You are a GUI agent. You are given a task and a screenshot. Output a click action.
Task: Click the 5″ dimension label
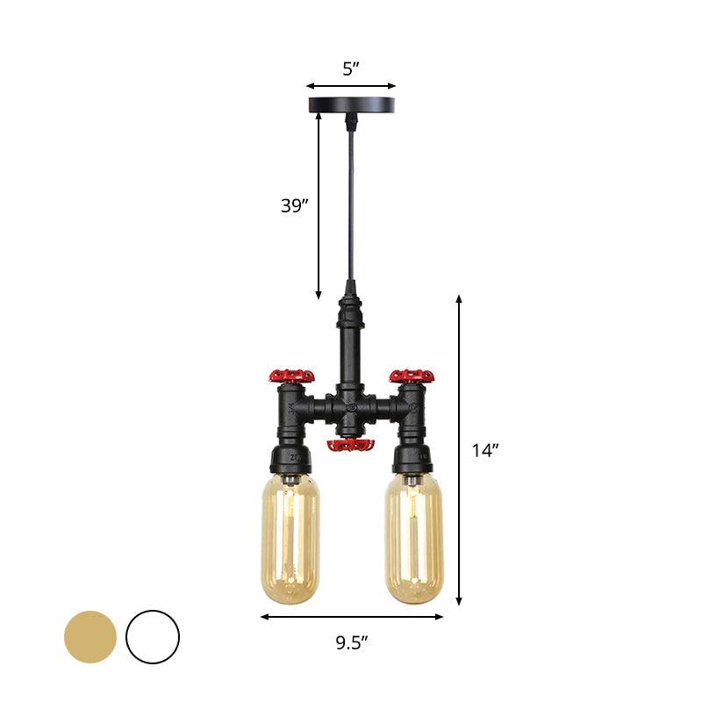pos(350,69)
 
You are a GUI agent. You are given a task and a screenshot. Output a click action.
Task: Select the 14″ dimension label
pos(484,451)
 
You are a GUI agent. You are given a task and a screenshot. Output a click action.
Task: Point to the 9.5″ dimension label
pos(351,642)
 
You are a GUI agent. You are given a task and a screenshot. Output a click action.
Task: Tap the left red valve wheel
pos(291,376)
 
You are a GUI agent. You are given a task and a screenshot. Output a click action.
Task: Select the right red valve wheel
pos(412,376)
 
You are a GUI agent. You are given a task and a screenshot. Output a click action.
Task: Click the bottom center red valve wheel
pos(350,446)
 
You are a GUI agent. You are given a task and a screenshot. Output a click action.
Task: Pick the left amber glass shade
pos(290,539)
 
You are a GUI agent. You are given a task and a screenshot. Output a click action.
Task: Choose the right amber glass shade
pos(412,539)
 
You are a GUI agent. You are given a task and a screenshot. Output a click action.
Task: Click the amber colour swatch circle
pos(90,636)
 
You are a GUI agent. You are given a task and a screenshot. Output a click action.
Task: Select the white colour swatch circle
pos(153,636)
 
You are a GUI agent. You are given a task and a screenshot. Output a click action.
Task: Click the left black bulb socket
pos(290,459)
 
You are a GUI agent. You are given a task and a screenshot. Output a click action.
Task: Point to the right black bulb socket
pos(412,459)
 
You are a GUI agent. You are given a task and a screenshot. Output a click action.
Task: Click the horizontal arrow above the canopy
pos(351,86)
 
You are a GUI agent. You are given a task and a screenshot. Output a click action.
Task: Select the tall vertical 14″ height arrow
pos(459,451)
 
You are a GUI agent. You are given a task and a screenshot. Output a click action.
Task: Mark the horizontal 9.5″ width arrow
pos(351,617)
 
